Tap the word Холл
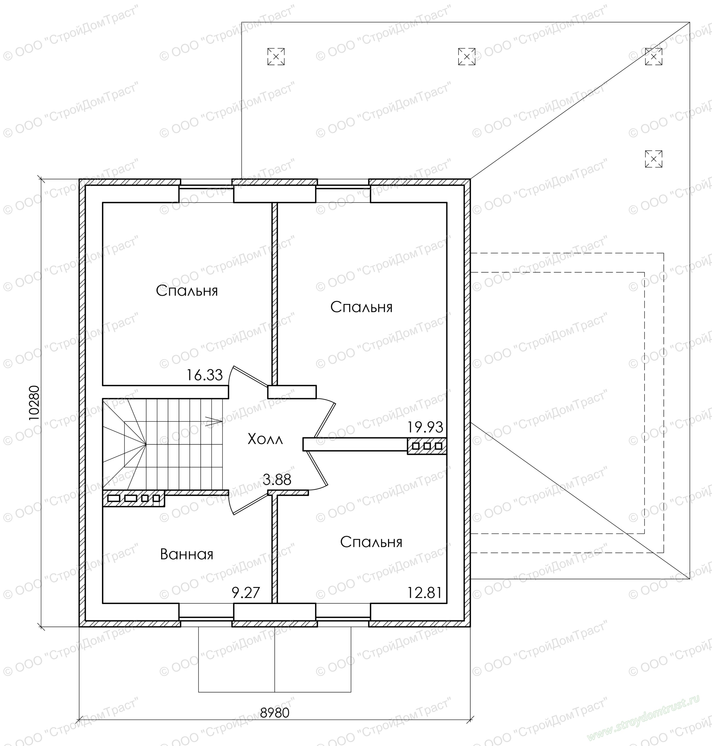coord(265,439)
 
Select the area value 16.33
coord(204,375)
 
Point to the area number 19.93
coord(425,427)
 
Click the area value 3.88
coord(277,480)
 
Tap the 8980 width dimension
coord(275,713)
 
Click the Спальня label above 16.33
coord(187,291)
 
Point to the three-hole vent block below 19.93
coord(427,446)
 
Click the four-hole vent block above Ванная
coord(134,498)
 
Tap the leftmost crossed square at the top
coord(276,57)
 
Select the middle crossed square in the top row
coord(467,57)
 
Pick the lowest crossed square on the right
coord(654,159)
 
